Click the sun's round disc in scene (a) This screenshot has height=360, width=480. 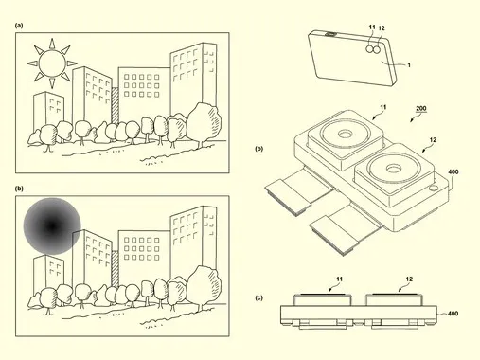click(52, 63)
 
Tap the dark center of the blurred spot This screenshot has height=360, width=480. click(52, 226)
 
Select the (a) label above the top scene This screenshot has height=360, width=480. click(19, 26)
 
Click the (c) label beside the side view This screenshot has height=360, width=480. click(258, 297)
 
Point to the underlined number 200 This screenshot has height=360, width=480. click(421, 109)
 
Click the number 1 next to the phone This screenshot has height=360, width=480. click(409, 65)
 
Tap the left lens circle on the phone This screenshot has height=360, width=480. click(369, 48)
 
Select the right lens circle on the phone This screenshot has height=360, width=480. click(377, 49)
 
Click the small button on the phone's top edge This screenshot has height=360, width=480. click(330, 34)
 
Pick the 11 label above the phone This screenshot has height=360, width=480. click(372, 27)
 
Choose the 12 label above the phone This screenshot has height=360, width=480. click(382, 28)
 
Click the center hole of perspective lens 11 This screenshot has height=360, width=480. click(345, 135)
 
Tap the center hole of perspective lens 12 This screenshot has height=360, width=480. click(394, 168)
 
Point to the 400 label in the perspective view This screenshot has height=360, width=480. click(453, 171)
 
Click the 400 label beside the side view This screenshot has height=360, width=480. click(453, 314)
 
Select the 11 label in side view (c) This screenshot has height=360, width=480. click(339, 279)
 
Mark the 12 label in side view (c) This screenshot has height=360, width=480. click(409, 279)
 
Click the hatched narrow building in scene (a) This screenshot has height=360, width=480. click(116, 106)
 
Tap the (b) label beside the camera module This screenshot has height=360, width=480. click(258, 149)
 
